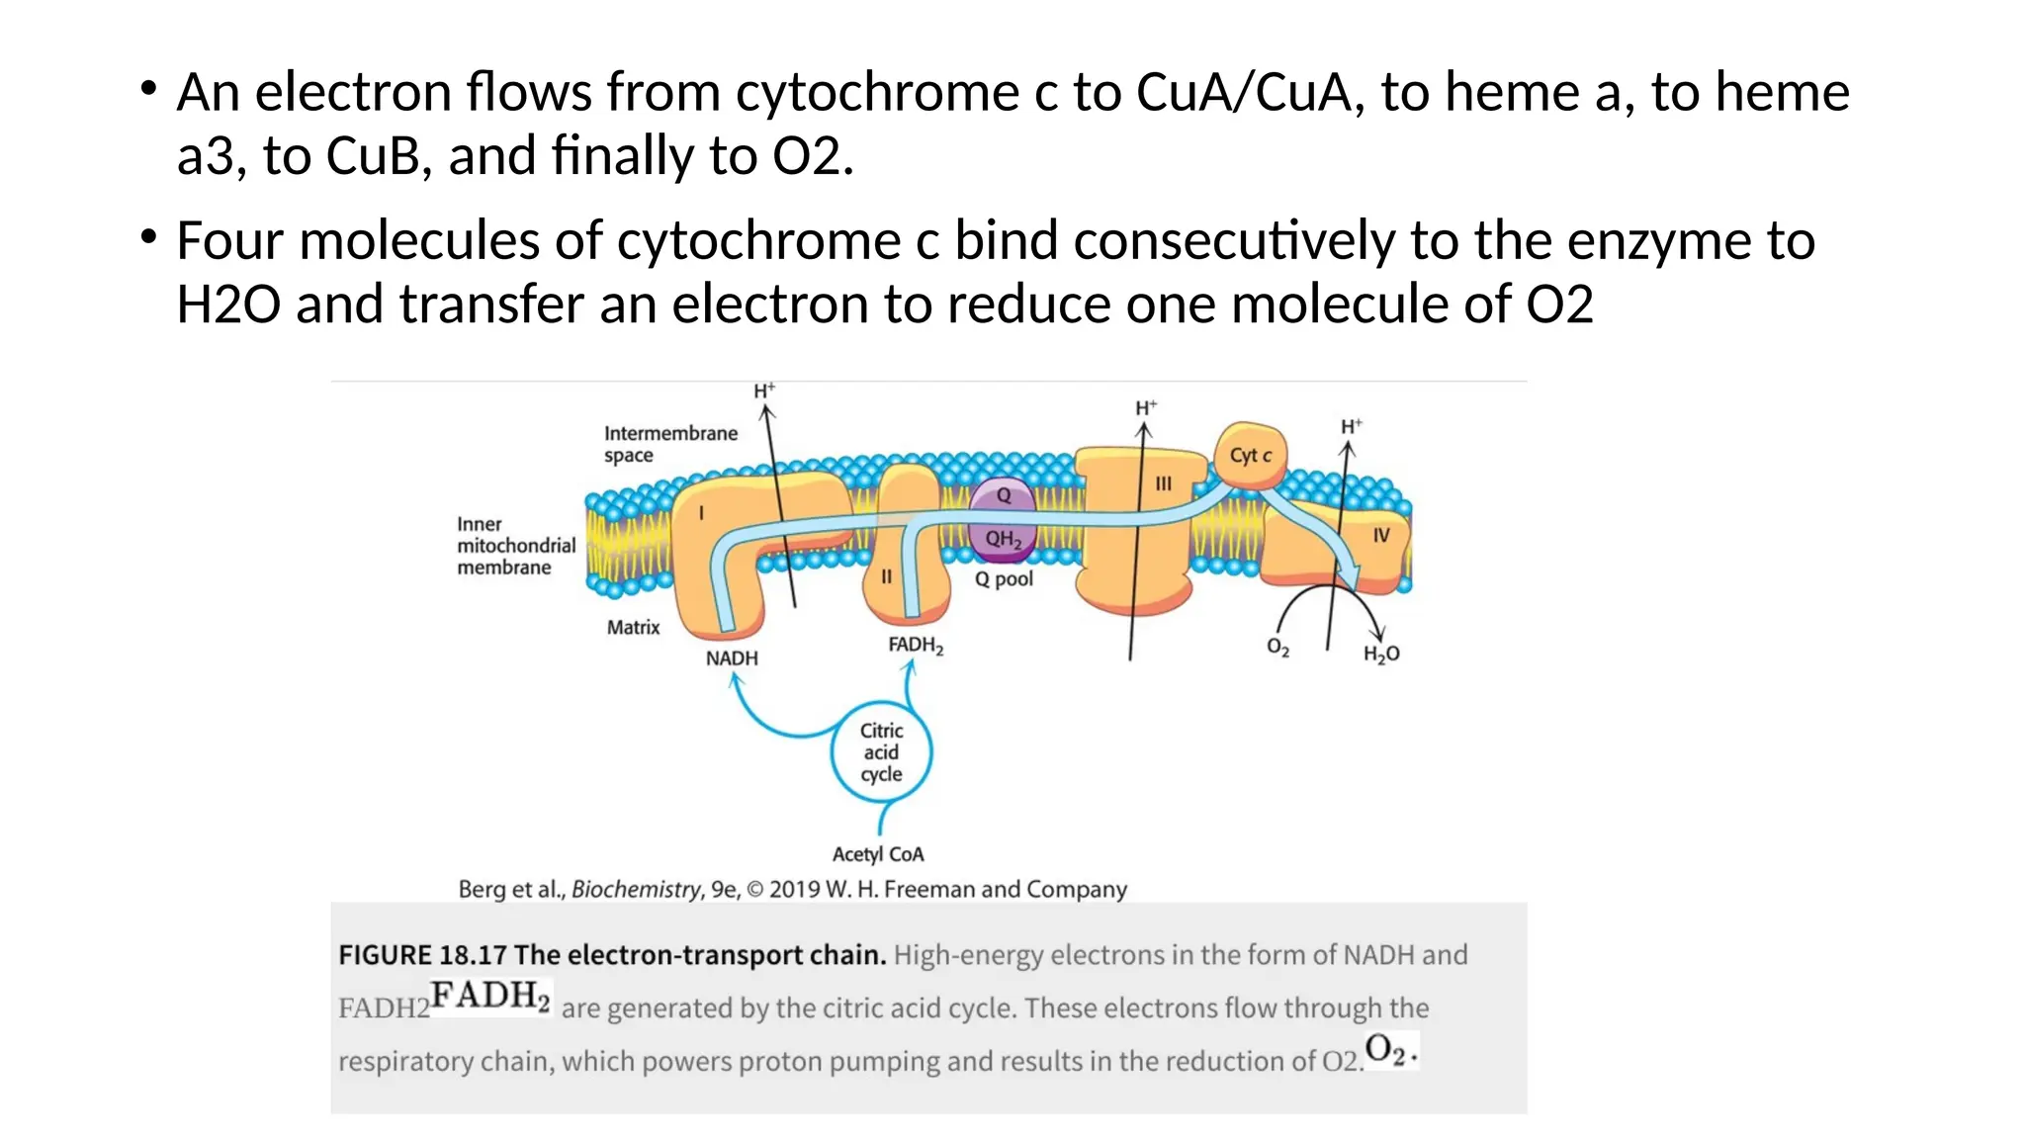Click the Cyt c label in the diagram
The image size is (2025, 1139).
[1250, 456]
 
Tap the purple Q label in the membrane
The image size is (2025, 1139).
[1004, 495]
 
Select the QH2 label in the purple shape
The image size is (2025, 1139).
[1003, 539]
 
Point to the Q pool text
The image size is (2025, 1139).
[1004, 579]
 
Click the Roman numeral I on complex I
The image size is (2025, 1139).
[701, 513]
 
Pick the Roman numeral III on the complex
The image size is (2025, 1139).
[1163, 483]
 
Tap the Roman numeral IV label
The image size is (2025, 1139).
[1380, 535]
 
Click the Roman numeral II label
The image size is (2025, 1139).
[886, 576]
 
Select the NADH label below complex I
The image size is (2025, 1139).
[732, 658]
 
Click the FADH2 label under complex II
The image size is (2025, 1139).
[916, 646]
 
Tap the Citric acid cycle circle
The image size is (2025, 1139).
[881, 752]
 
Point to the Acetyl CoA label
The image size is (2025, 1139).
[878, 854]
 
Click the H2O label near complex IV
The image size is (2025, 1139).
[1381, 654]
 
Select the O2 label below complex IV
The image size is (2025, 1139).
[1277, 647]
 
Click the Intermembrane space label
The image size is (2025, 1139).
[669, 444]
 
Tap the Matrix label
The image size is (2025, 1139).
[633, 627]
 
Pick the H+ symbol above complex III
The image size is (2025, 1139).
[1146, 408]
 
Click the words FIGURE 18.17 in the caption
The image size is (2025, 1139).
[422, 955]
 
